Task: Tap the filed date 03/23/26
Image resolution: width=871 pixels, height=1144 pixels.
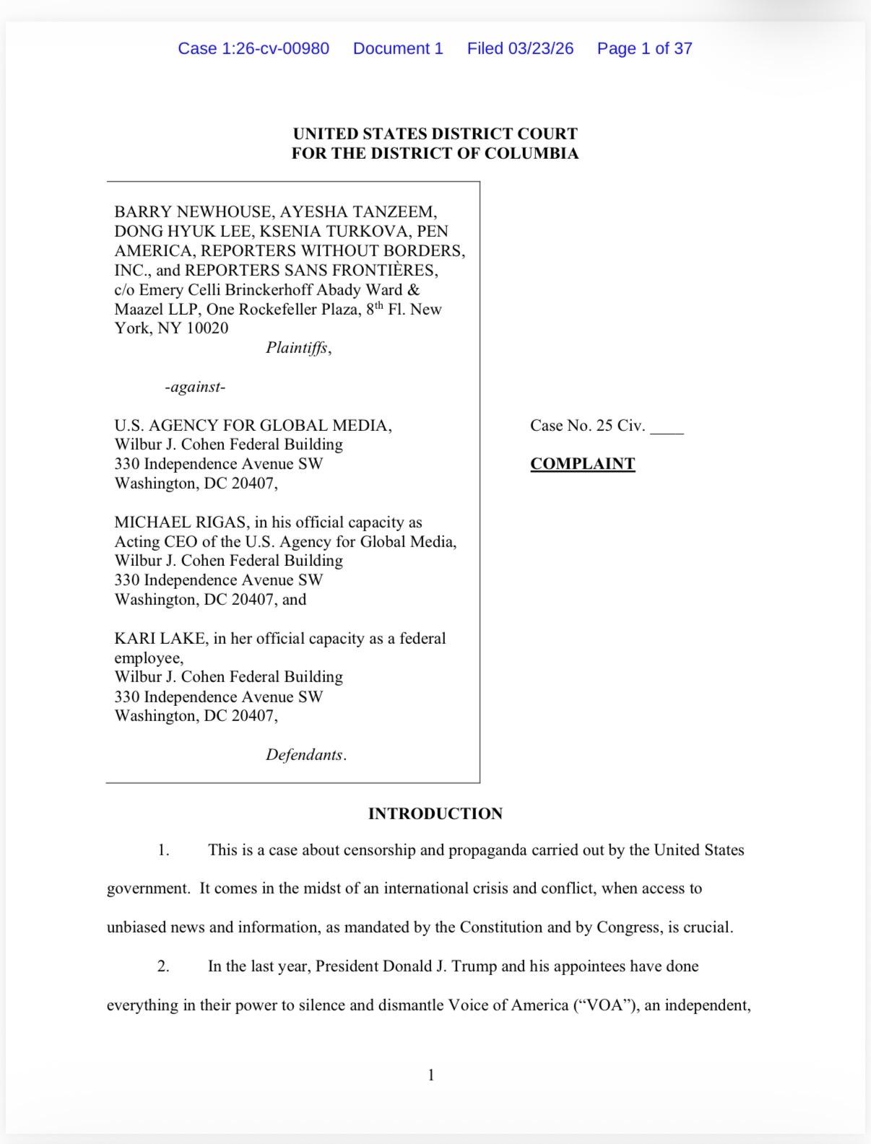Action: (541, 48)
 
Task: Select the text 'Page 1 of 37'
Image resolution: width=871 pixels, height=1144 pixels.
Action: (644, 48)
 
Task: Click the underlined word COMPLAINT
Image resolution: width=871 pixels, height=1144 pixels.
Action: (582, 463)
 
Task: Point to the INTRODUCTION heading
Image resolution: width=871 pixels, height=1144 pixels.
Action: (435, 813)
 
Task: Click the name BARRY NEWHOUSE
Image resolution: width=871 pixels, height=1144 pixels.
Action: (193, 211)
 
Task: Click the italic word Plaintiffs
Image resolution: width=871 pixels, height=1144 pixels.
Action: (298, 348)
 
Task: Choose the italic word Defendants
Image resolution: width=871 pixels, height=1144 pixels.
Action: (304, 754)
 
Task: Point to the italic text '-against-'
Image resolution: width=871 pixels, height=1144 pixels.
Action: (195, 387)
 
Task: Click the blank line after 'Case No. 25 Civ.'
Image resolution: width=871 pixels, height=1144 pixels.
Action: (667, 427)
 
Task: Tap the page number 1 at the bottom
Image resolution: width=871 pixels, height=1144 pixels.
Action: (431, 1075)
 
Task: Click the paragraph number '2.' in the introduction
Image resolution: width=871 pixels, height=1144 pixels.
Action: (163, 966)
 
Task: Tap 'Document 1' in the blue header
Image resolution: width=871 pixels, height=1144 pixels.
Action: (398, 48)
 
